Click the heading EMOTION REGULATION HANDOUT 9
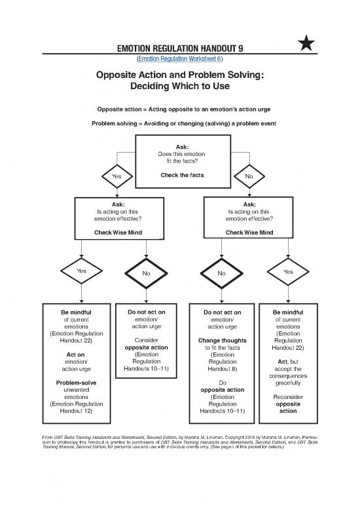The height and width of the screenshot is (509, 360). coord(179,47)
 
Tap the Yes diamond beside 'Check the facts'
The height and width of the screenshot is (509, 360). coord(117,176)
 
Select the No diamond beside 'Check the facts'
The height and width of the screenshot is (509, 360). coord(249,176)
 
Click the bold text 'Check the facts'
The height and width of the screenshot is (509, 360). coord(182,175)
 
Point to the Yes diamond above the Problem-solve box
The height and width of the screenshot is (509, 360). coord(81,271)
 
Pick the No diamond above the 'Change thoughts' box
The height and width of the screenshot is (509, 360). coord(221,273)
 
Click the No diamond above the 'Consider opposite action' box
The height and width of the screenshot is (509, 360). coord(146,273)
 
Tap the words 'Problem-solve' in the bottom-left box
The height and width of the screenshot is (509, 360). coord(72,382)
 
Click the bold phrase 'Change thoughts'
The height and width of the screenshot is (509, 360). coord(221,341)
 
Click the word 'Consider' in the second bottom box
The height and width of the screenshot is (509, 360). coord(146,341)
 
